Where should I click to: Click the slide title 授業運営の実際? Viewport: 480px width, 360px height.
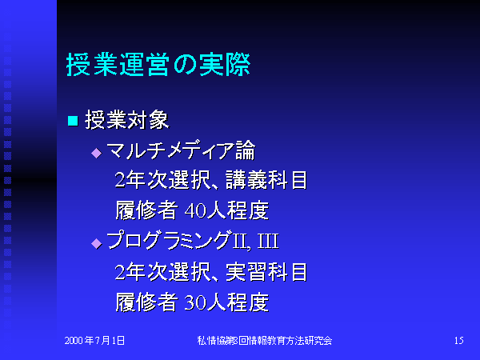click(158, 64)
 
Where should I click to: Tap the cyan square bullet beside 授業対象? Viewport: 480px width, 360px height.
click(73, 121)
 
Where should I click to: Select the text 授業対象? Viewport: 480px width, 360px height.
click(127, 120)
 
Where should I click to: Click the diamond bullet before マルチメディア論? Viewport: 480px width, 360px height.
click(97, 153)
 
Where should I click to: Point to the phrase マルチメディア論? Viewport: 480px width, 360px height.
click(181, 150)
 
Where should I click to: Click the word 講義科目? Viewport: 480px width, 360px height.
click(266, 180)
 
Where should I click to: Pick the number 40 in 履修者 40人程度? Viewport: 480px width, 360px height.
click(196, 211)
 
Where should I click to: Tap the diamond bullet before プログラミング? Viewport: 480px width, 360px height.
click(97, 244)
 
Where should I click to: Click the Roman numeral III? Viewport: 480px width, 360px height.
click(268, 242)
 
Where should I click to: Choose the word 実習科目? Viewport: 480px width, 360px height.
click(266, 272)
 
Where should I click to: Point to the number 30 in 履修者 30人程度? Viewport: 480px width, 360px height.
click(196, 302)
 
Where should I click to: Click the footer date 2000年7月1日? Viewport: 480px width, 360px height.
click(94, 341)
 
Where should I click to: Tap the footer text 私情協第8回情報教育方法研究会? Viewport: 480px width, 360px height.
click(265, 341)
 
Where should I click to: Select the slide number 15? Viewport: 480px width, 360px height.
click(459, 341)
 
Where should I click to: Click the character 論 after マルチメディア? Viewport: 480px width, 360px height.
click(246, 150)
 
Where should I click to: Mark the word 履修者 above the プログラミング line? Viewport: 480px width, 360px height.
click(146, 210)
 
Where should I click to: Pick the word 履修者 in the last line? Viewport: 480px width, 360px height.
click(146, 302)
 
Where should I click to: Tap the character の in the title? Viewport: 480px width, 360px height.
click(185, 65)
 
